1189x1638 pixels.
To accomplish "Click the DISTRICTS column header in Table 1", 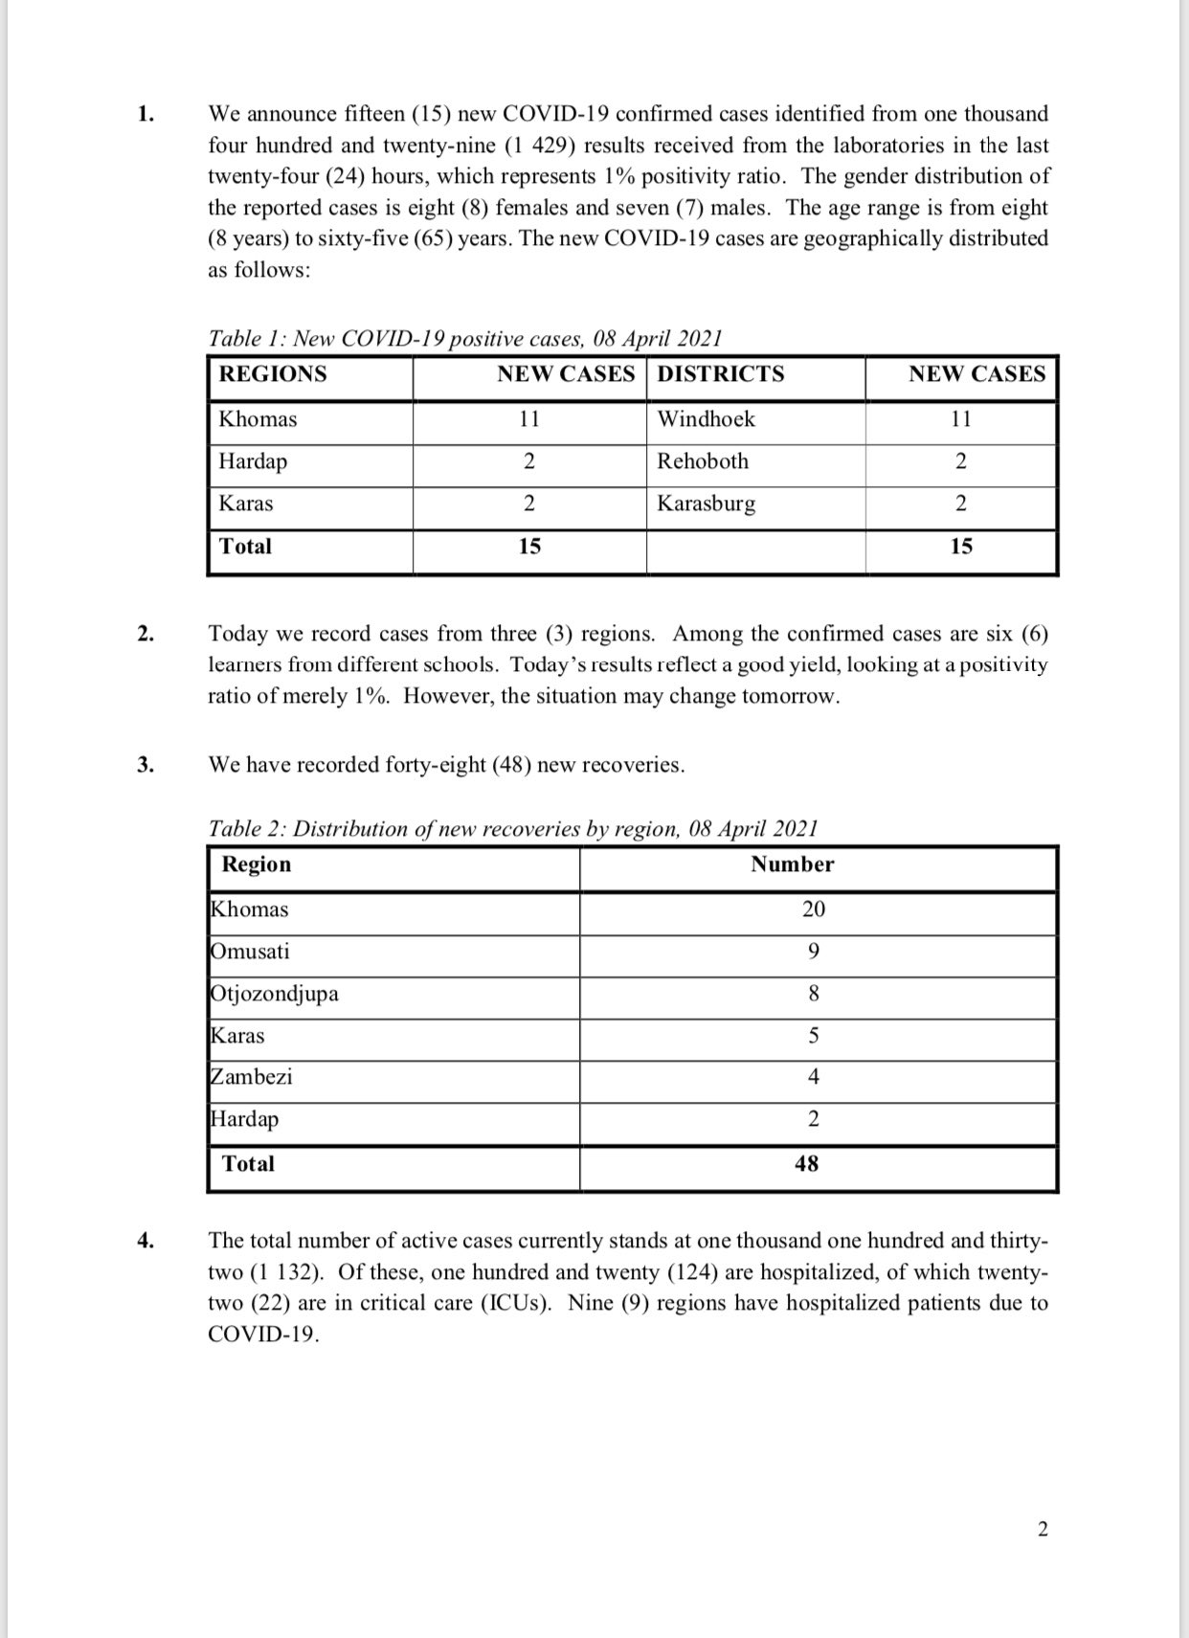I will (720, 374).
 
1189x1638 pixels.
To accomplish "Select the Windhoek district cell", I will (706, 419).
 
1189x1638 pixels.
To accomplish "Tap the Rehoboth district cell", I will (703, 461).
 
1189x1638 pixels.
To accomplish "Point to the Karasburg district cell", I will (706, 504).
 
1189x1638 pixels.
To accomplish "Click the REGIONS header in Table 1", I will (273, 374).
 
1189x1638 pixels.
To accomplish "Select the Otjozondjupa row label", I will (274, 994).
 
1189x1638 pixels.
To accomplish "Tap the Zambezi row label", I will (251, 1077).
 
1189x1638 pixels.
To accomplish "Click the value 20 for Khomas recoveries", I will (814, 909).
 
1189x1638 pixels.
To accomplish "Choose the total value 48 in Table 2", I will (807, 1164).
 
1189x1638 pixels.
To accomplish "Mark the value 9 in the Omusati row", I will (814, 952).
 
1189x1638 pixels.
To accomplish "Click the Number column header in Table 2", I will (792, 864).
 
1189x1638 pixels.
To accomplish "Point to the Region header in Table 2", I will (257, 864).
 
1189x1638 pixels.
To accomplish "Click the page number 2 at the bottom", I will (1043, 1529).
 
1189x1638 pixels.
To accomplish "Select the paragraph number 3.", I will (145, 765).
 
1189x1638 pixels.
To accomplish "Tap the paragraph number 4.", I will (145, 1241).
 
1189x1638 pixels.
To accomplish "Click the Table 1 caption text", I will (464, 339).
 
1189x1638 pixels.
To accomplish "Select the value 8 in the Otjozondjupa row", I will (814, 994).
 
